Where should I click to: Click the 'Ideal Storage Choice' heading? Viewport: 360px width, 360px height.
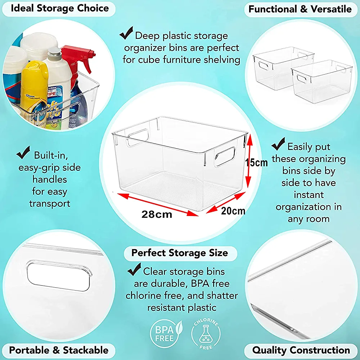point(60,9)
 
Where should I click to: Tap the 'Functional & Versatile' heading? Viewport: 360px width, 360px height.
point(300,9)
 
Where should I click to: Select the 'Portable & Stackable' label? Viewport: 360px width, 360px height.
point(59,350)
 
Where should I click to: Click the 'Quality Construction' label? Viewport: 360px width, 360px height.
point(301,350)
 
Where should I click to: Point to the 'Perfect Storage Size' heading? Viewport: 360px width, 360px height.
point(180,253)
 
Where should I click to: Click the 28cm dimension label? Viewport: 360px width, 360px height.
point(157,215)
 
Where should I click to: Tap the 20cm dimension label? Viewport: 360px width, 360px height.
point(233,211)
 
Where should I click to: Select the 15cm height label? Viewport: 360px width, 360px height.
point(256,163)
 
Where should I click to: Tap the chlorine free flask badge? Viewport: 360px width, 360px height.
point(206,333)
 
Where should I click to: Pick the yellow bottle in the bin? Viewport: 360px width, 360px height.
point(34,90)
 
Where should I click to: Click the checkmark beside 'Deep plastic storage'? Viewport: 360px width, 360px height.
point(126,33)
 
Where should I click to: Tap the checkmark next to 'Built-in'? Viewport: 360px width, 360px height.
point(23,152)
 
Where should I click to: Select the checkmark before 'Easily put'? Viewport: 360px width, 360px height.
point(278,144)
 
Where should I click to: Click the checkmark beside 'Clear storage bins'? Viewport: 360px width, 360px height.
point(134,269)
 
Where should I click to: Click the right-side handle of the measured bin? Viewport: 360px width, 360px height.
point(225,156)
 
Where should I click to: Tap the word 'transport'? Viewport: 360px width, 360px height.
point(50,204)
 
